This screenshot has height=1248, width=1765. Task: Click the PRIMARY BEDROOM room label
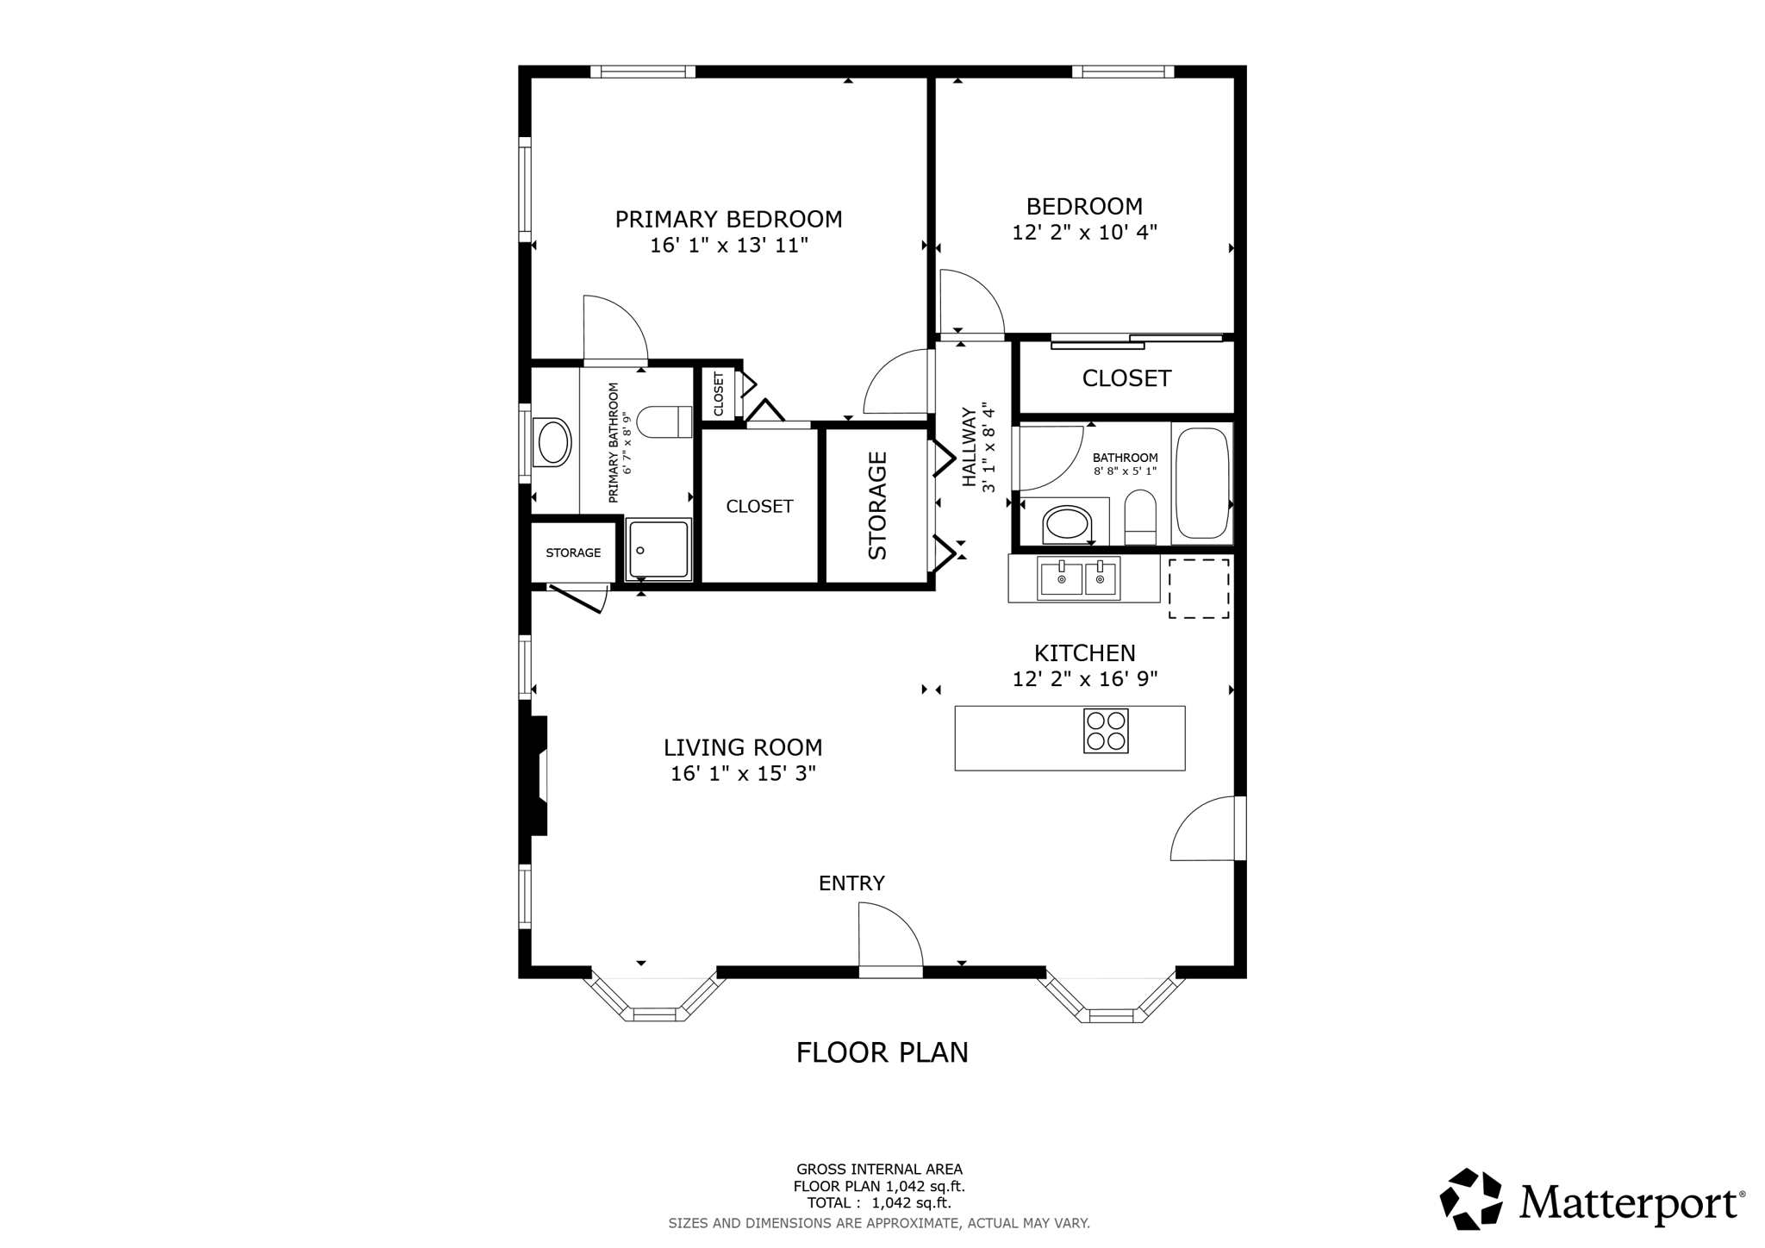click(x=728, y=219)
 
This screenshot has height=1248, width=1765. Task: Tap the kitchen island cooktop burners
click(x=1106, y=731)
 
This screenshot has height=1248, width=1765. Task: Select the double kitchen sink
click(x=1079, y=578)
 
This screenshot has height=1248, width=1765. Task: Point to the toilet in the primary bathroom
click(x=669, y=421)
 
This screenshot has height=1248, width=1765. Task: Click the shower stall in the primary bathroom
click(x=658, y=549)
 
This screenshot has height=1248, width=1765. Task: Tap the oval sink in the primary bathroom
click(x=553, y=442)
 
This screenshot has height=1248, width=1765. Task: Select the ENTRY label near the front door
click(x=851, y=883)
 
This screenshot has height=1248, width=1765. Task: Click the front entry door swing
click(x=888, y=938)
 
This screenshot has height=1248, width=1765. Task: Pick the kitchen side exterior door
click(x=1205, y=829)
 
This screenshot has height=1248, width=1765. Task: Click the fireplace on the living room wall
click(x=536, y=776)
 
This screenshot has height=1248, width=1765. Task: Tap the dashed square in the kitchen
click(x=1198, y=588)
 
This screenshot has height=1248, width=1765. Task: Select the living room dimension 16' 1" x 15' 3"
click(x=743, y=774)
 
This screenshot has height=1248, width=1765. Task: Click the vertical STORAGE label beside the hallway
click(x=877, y=506)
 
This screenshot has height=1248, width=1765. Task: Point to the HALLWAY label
click(x=969, y=447)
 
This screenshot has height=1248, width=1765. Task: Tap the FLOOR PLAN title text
click(x=882, y=1052)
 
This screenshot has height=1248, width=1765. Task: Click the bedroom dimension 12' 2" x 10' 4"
click(x=1084, y=232)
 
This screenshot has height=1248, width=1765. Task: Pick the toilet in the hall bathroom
click(x=1140, y=517)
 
